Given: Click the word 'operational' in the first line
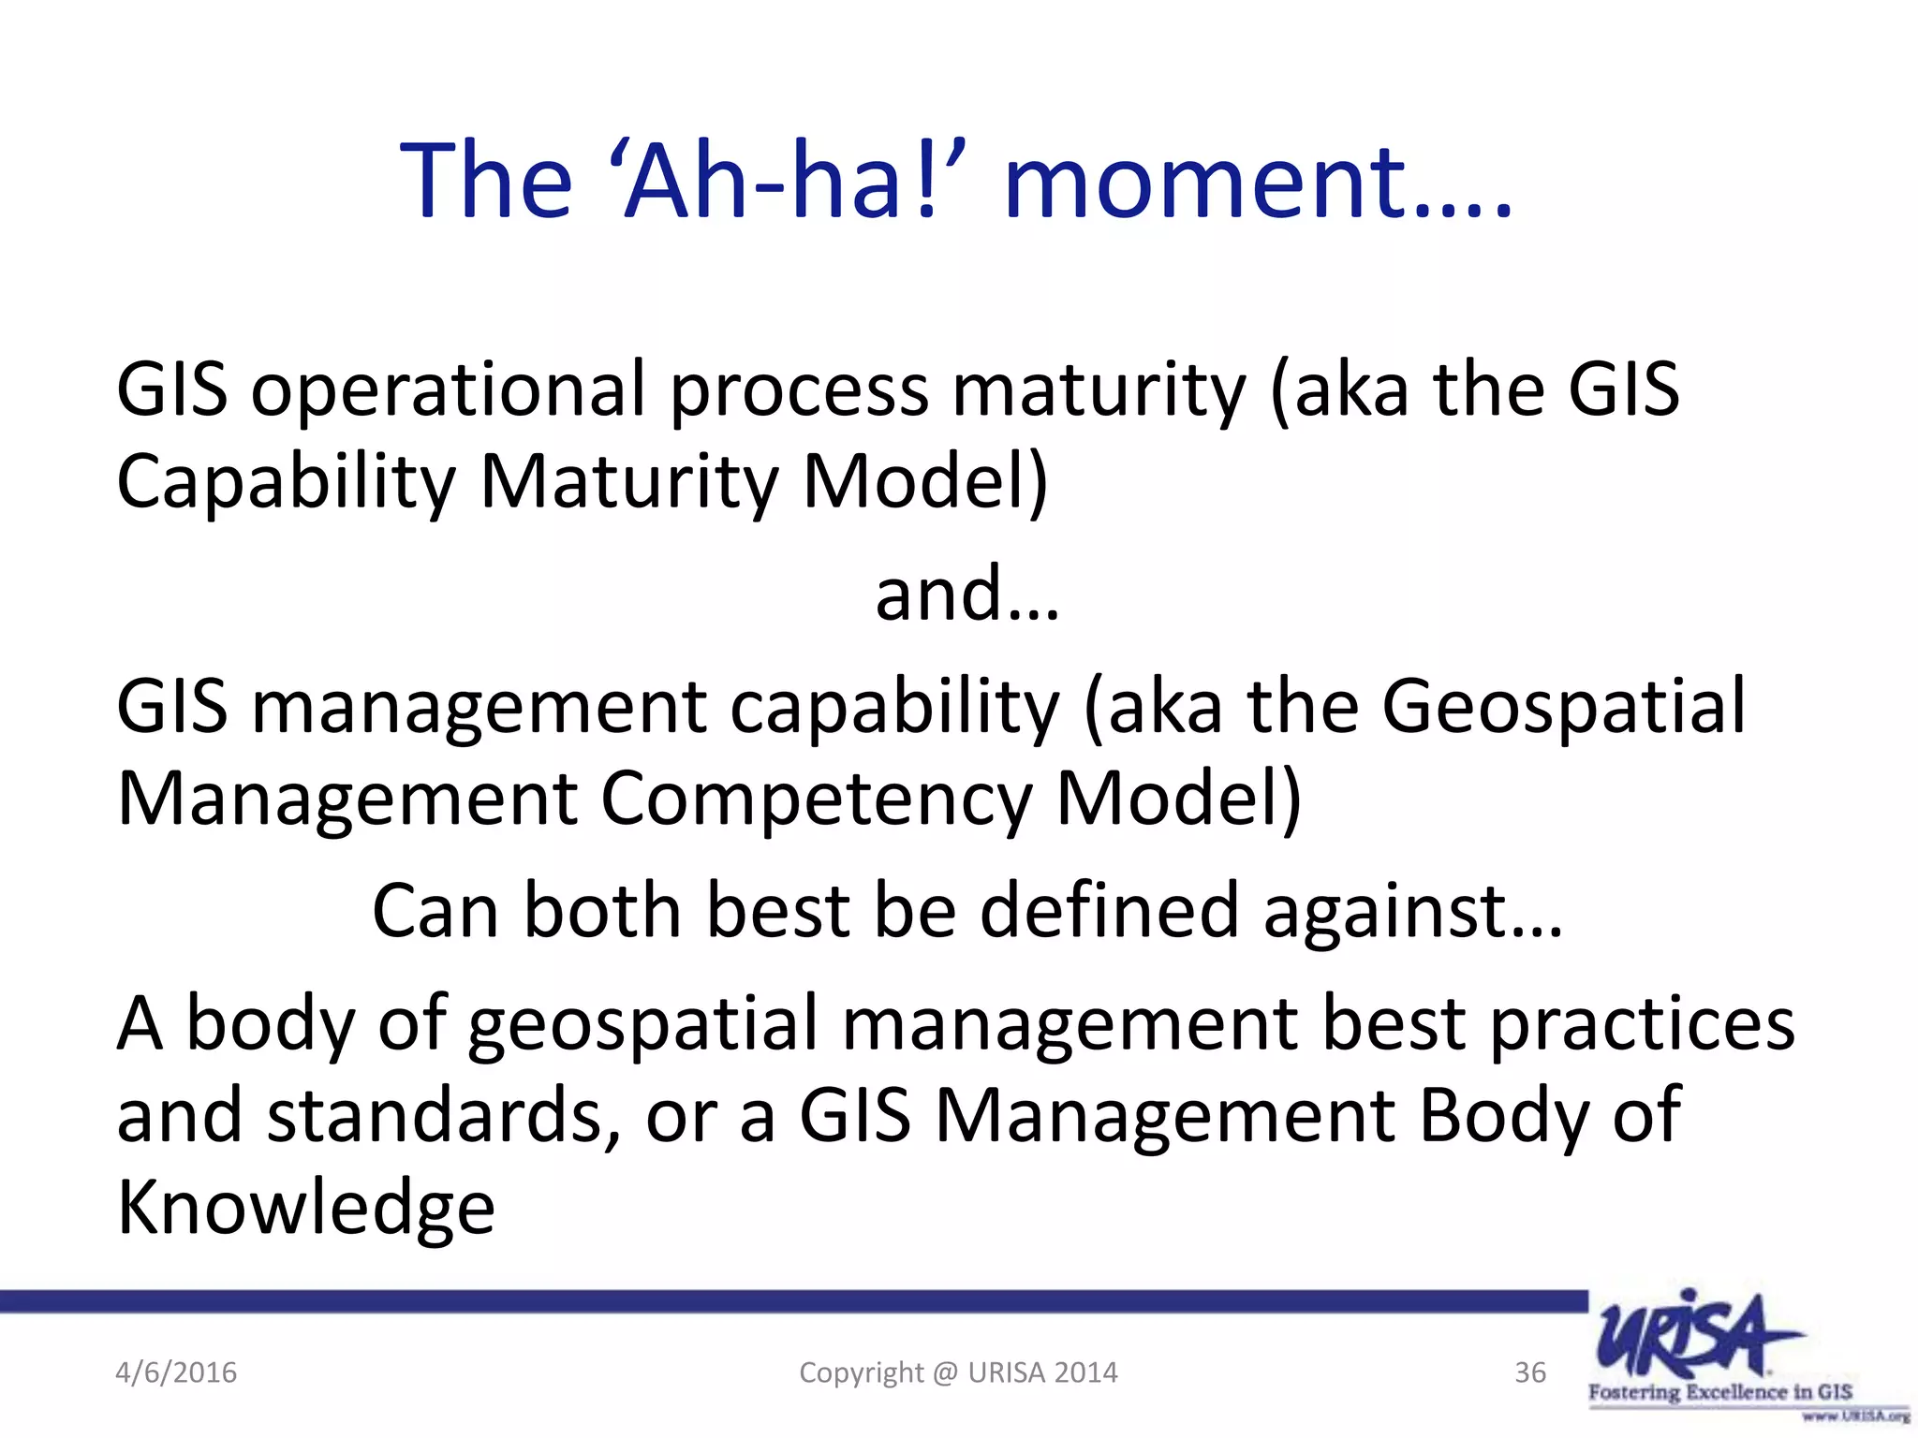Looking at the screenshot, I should [x=448, y=391].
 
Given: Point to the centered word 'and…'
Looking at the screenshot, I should [x=967, y=595].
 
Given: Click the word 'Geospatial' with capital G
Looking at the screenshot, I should [x=1563, y=706].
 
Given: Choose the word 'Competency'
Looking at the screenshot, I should [x=816, y=800].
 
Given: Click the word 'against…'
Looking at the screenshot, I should [x=1412, y=913].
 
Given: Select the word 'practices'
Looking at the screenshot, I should [x=1642, y=1023].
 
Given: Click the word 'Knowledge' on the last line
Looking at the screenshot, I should [x=305, y=1209].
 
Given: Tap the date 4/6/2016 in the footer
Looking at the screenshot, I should [x=176, y=1372].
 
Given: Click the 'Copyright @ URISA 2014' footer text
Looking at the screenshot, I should [x=958, y=1372].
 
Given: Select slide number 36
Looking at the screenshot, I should [x=1530, y=1372].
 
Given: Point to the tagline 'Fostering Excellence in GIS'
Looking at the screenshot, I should [x=1719, y=1391].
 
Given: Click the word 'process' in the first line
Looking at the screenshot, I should [x=799, y=391].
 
